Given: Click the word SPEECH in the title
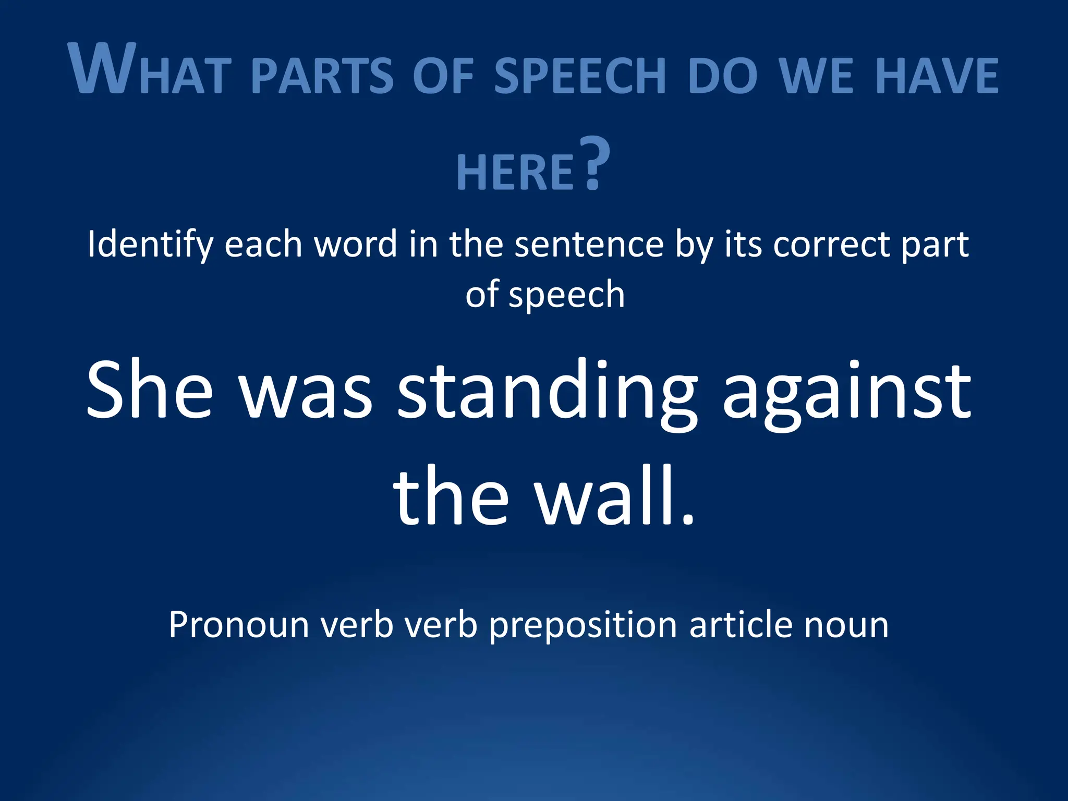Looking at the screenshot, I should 580,76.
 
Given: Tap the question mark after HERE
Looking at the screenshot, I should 596,163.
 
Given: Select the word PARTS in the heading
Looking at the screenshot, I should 322,76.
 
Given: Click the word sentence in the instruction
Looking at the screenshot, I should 589,244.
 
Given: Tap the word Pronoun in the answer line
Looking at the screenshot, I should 239,624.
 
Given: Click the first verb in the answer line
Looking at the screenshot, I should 357,624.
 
